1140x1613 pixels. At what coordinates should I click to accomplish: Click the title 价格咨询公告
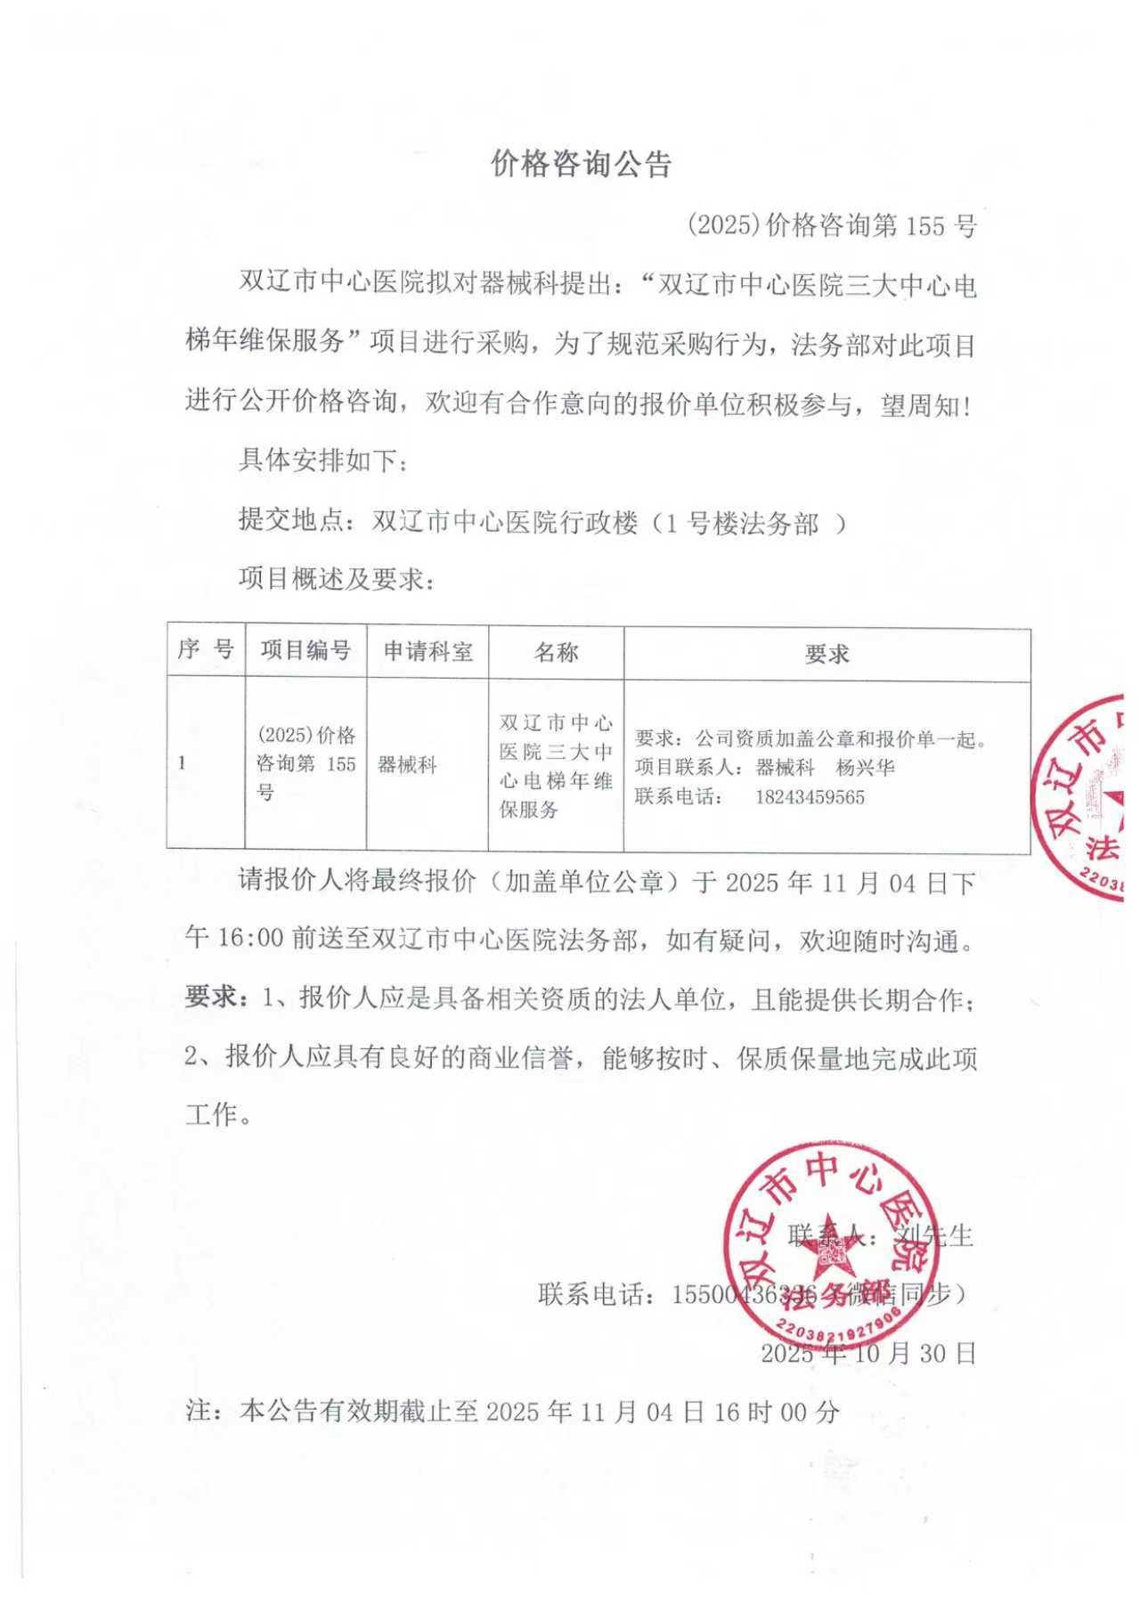click(x=581, y=164)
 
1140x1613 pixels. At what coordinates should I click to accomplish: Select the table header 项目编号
click(x=305, y=650)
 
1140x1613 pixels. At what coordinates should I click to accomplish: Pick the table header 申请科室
click(x=427, y=651)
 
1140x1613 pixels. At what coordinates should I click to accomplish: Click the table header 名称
click(x=556, y=652)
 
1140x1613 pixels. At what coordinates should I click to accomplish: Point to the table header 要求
click(x=826, y=655)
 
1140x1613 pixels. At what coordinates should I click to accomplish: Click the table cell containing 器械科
click(x=407, y=764)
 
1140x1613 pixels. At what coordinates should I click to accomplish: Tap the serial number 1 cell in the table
click(x=183, y=763)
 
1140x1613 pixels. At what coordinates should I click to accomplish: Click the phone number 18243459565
click(x=810, y=797)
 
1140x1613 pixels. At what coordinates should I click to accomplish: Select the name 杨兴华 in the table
click(x=866, y=768)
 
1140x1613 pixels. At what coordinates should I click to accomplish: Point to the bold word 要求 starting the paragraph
click(x=211, y=998)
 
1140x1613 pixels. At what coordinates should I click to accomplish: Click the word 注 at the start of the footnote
click(x=198, y=1412)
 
